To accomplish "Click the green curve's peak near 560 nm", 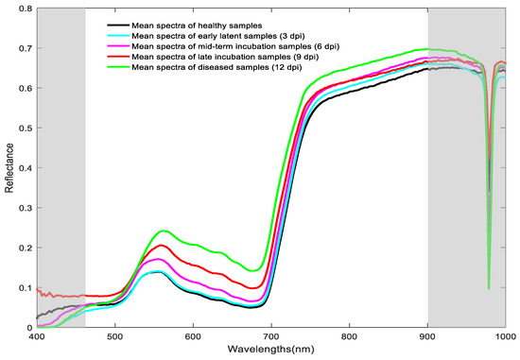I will pos(165,231).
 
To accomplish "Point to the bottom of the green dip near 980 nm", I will pos(489,288).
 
